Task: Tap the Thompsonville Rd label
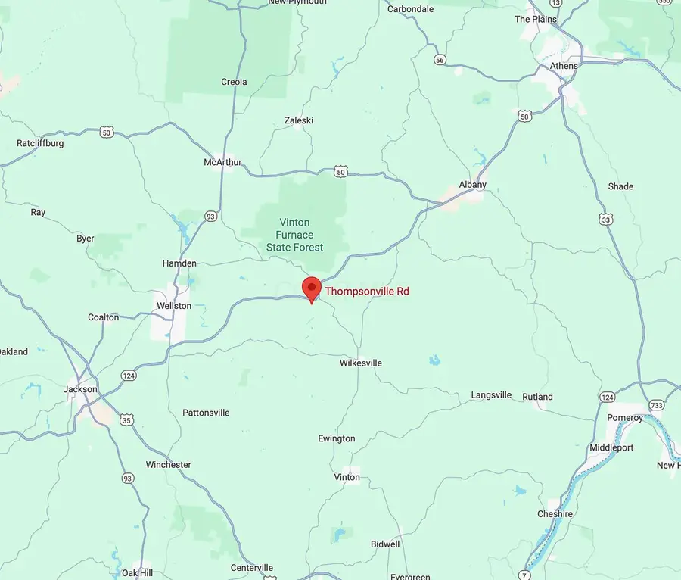367,291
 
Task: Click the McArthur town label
222,163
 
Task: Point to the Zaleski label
298,120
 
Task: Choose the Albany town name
473,185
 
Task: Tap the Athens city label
564,66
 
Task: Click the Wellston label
173,306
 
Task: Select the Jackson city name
81,389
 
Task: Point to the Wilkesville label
360,363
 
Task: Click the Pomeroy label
625,418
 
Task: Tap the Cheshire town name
555,514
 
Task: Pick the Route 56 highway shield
440,59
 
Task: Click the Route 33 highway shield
605,220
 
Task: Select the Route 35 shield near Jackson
126,419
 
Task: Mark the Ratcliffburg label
40,143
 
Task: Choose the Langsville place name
491,395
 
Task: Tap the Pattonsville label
206,413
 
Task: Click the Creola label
234,82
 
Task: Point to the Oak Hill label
137,572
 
